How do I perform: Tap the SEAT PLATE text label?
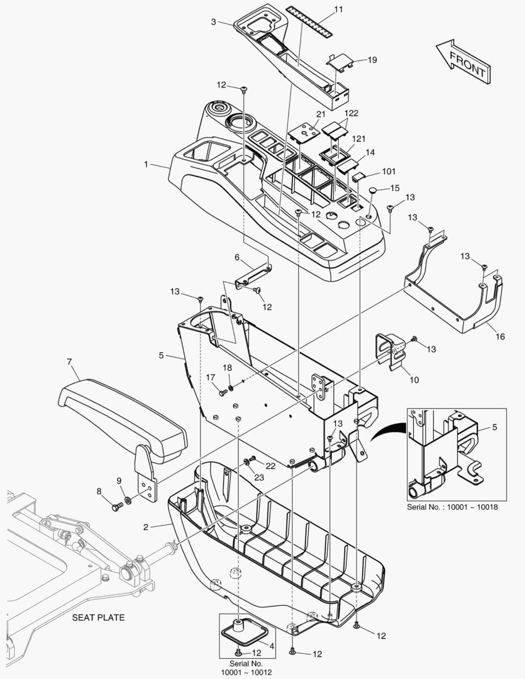97,617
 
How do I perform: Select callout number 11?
339,9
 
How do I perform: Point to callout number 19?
372,60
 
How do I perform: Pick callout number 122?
351,113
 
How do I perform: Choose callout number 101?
389,171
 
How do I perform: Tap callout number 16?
500,336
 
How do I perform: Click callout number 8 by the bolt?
99,491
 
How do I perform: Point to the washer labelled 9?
128,500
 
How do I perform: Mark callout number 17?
211,377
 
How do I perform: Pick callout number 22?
270,465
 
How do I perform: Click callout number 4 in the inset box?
272,645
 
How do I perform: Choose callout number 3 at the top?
214,21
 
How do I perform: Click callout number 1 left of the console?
146,164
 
